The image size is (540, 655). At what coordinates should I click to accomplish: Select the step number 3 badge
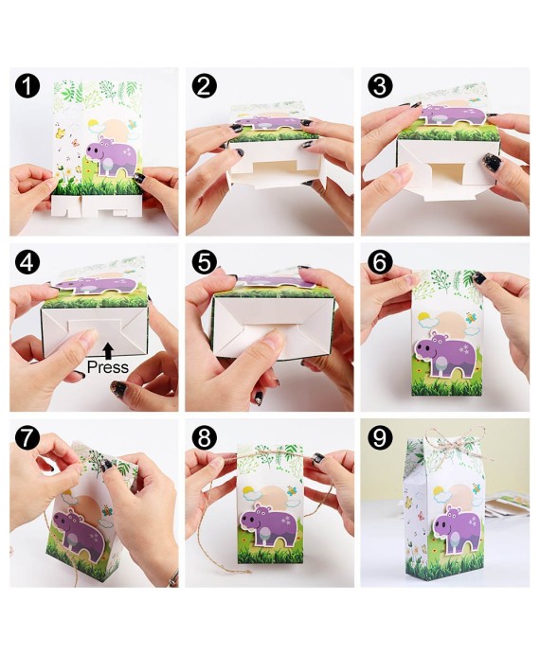point(381,87)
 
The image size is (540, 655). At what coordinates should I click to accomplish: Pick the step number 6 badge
point(381,262)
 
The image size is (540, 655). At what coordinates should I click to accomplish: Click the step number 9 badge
point(381,438)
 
